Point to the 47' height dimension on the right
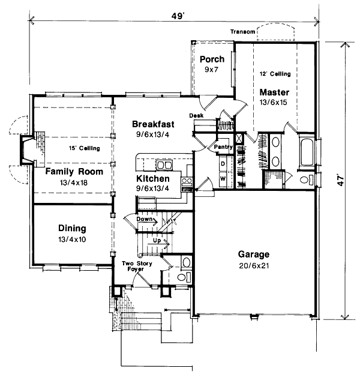[x=341, y=181]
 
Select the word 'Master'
[x=274, y=92]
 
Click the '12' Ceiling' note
[x=275, y=74]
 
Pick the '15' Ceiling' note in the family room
[x=83, y=148]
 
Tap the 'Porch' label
[x=212, y=59]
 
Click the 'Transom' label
[x=242, y=32]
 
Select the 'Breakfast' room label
[x=153, y=124]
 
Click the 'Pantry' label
[x=223, y=146]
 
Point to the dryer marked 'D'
[x=222, y=163]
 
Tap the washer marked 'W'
[x=222, y=178]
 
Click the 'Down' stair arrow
[x=146, y=220]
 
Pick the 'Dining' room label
[x=71, y=228]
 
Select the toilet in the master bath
[x=305, y=179]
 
